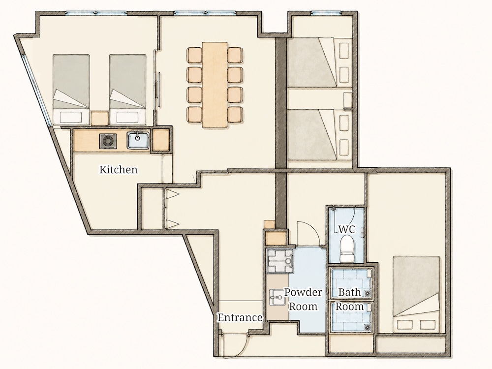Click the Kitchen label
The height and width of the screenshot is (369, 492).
(118, 169)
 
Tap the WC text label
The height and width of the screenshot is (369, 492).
(346, 229)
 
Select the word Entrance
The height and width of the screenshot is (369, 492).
(240, 317)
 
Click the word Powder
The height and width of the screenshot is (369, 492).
(303, 292)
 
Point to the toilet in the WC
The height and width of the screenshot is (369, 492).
(346, 249)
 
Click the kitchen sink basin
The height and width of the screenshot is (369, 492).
(138, 140)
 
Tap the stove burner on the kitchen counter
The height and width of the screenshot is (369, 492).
(108, 141)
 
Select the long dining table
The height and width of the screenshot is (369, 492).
(215, 85)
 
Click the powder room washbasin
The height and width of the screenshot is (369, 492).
(277, 297)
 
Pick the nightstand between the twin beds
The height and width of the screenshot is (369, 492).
(99, 118)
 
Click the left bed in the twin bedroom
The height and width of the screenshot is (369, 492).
(71, 90)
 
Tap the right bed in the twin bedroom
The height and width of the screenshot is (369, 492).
(128, 90)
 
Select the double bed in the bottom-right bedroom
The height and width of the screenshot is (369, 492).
(416, 295)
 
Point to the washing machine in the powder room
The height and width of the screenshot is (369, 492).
(280, 261)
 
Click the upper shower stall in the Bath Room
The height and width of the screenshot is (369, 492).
(351, 283)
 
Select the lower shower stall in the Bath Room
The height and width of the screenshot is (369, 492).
(351, 316)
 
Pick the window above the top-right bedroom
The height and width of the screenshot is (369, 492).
(326, 13)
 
